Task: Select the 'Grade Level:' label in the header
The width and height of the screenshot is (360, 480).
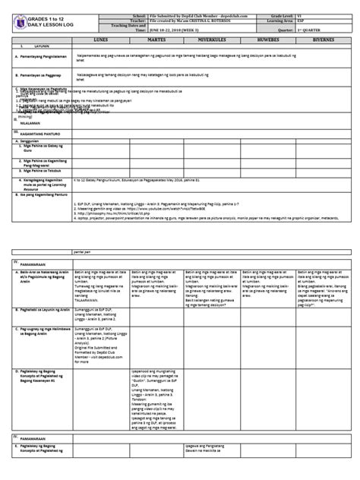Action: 290,7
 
